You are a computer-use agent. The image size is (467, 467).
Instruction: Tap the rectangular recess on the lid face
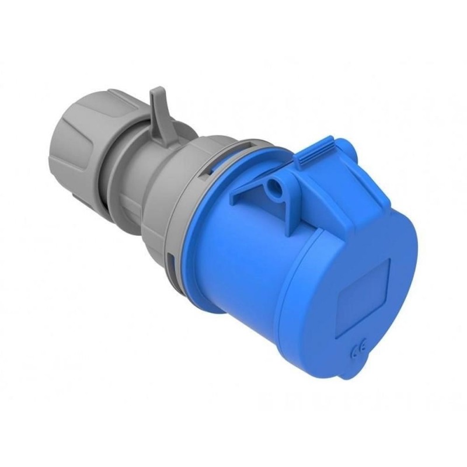[365, 295]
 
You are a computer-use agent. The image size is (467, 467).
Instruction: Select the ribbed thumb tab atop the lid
[315, 149]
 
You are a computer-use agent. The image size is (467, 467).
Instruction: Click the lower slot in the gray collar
[170, 260]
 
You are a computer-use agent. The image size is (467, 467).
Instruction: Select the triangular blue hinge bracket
[257, 187]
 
